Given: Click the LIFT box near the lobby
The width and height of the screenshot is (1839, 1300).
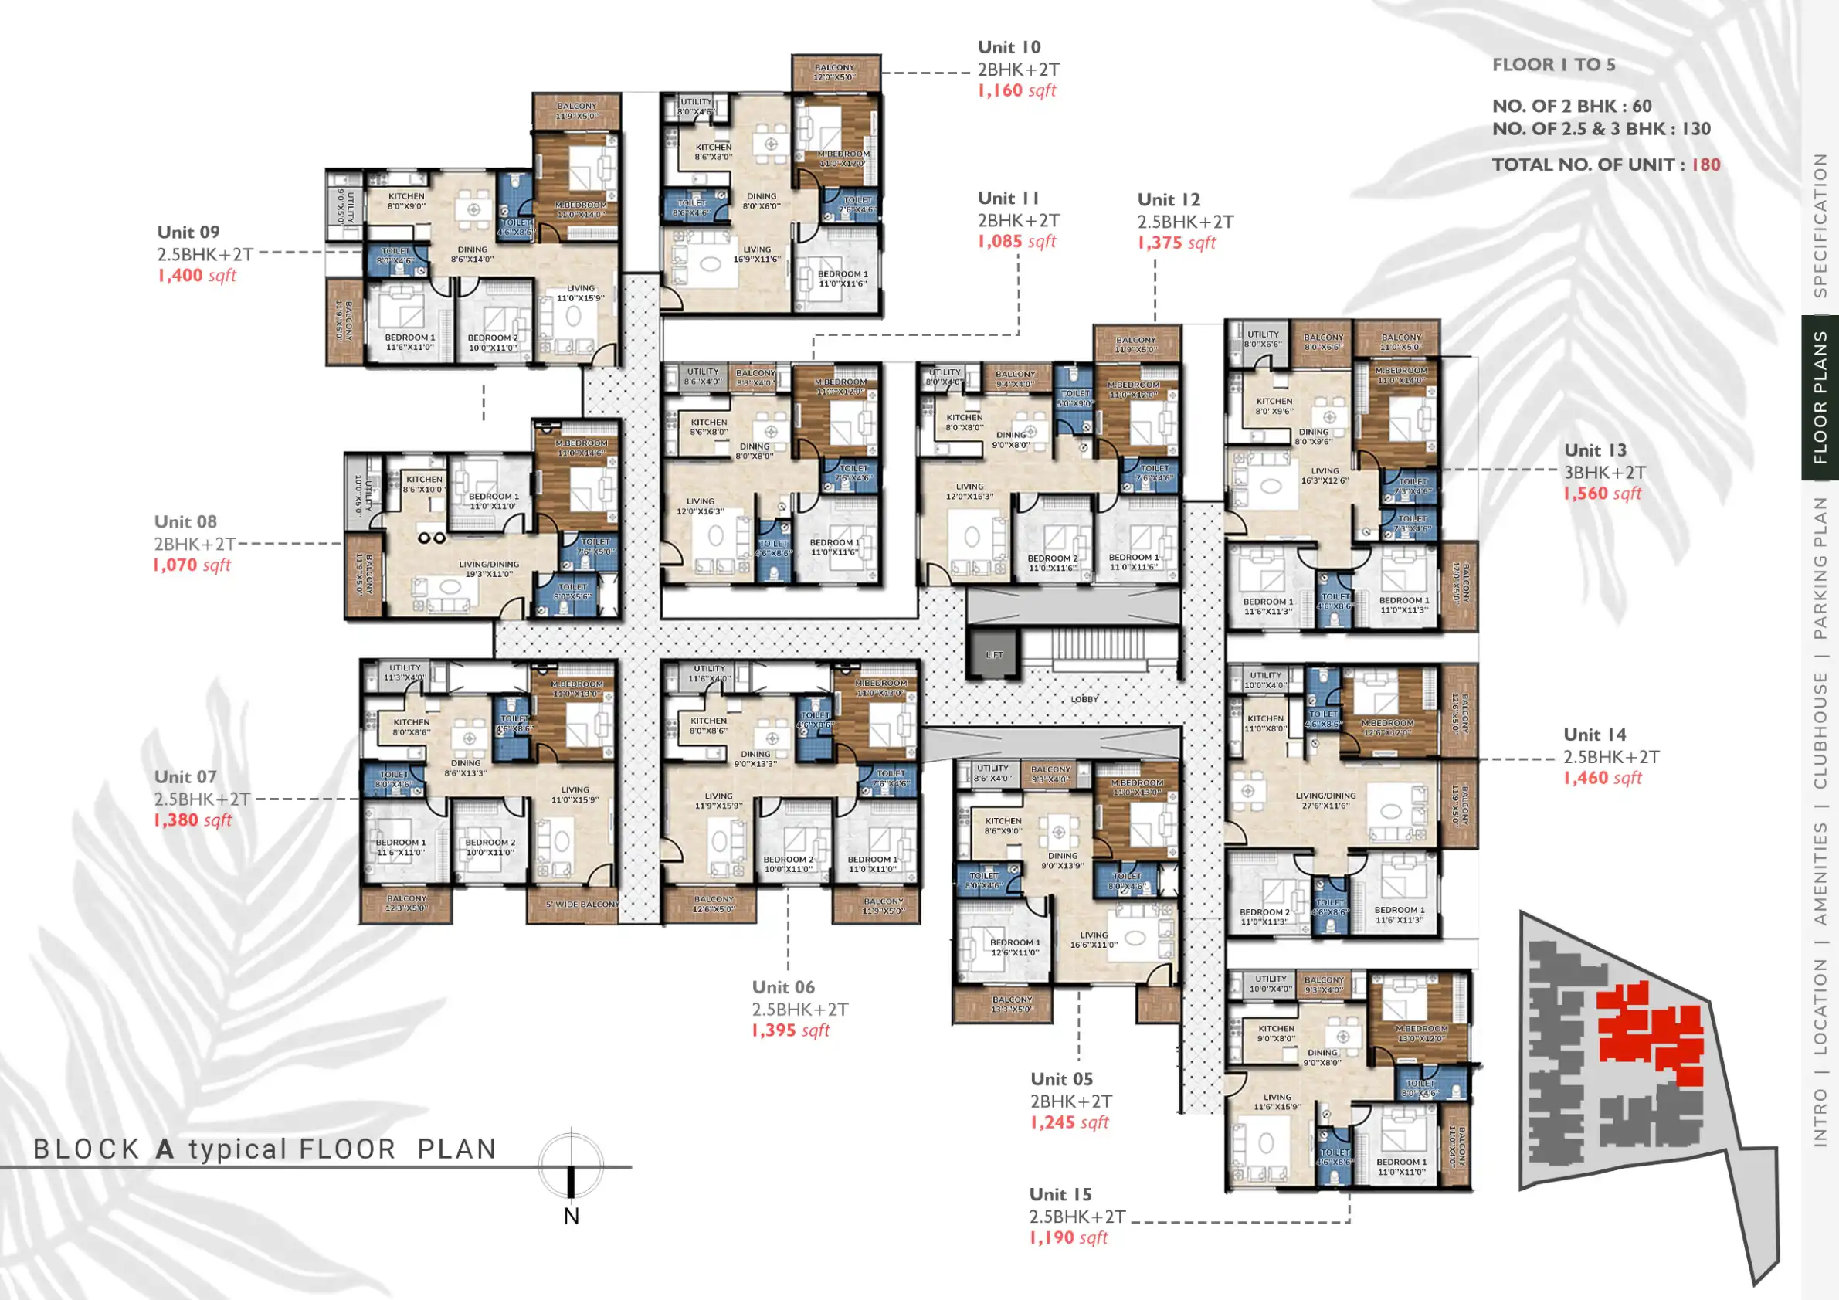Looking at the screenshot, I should (994, 653).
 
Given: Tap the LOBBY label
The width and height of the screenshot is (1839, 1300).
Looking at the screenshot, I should (1084, 699).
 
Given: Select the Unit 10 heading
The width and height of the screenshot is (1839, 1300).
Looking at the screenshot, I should (1009, 47).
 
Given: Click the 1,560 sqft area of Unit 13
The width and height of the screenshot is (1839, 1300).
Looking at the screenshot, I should (1602, 494).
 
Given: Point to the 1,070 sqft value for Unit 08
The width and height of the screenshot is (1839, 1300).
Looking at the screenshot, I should (192, 565).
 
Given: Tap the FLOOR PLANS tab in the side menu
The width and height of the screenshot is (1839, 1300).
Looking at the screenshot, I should (1820, 398).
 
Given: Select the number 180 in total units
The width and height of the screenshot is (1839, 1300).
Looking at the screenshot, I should (1705, 165).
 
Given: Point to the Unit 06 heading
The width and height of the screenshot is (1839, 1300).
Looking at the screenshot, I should (782, 988).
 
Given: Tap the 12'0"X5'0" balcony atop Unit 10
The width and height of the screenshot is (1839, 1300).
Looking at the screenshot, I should (835, 73).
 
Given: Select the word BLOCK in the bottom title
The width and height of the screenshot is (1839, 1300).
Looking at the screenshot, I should (87, 1149).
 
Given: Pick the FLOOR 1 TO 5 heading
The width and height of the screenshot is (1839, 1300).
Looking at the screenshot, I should (1553, 65).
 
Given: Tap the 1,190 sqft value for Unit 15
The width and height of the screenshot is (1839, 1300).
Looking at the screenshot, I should (1068, 1238).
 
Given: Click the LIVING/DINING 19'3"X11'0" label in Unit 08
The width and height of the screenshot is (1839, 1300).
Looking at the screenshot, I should (489, 569).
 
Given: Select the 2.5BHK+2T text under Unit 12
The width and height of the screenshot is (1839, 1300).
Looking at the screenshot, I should (1186, 222).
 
